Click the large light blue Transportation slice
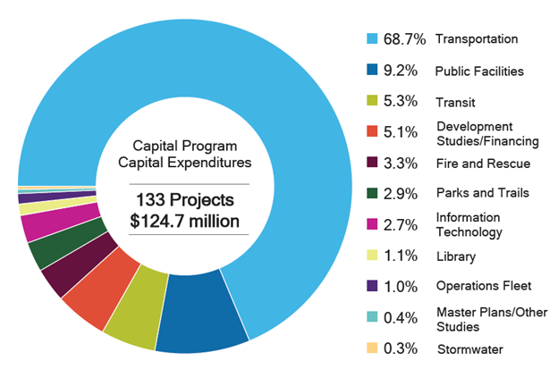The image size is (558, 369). coord(268,71)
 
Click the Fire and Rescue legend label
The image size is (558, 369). coord(482,164)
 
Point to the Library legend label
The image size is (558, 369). coord(455,256)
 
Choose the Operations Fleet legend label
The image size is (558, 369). coord(484,286)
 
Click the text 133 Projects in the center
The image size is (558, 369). coord(185,198)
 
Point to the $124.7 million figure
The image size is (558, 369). coord(185,219)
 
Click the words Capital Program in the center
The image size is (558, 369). coord(185,144)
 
